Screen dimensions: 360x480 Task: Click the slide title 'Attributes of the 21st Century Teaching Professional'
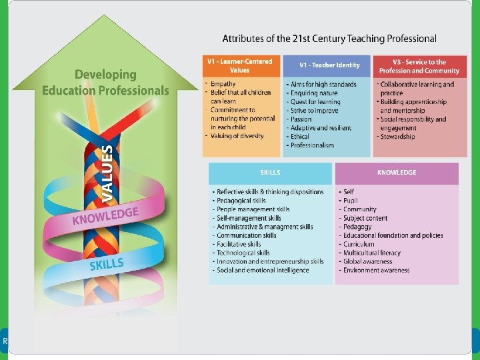[x=329, y=39]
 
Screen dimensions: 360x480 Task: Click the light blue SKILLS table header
[x=270, y=173]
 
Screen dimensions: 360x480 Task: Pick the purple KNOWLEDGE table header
[x=397, y=173]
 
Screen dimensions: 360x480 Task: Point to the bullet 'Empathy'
[x=223, y=84]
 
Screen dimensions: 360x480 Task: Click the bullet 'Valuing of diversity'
[x=237, y=136]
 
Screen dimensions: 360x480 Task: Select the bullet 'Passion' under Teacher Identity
[x=301, y=119]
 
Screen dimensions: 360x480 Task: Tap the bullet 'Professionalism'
[x=312, y=145]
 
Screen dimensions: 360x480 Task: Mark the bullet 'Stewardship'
[x=397, y=137]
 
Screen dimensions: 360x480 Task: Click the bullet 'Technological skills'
[x=243, y=253]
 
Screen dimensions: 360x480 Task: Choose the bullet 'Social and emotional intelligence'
[x=263, y=271]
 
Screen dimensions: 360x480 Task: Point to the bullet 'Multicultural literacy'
[x=372, y=253]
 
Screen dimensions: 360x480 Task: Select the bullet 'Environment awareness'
[x=376, y=271]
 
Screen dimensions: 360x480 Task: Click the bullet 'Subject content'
[x=365, y=218]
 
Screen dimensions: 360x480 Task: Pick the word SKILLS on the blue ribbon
[x=107, y=265]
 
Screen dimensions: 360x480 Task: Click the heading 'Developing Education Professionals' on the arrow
[x=106, y=83]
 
